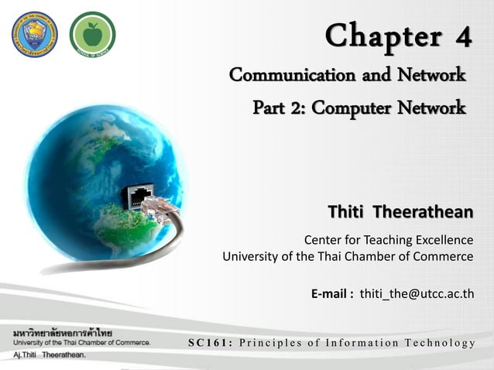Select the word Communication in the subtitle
coord(302,76)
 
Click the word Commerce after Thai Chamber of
coord(441,255)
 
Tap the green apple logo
coord(92,33)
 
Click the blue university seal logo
coord(34,33)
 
